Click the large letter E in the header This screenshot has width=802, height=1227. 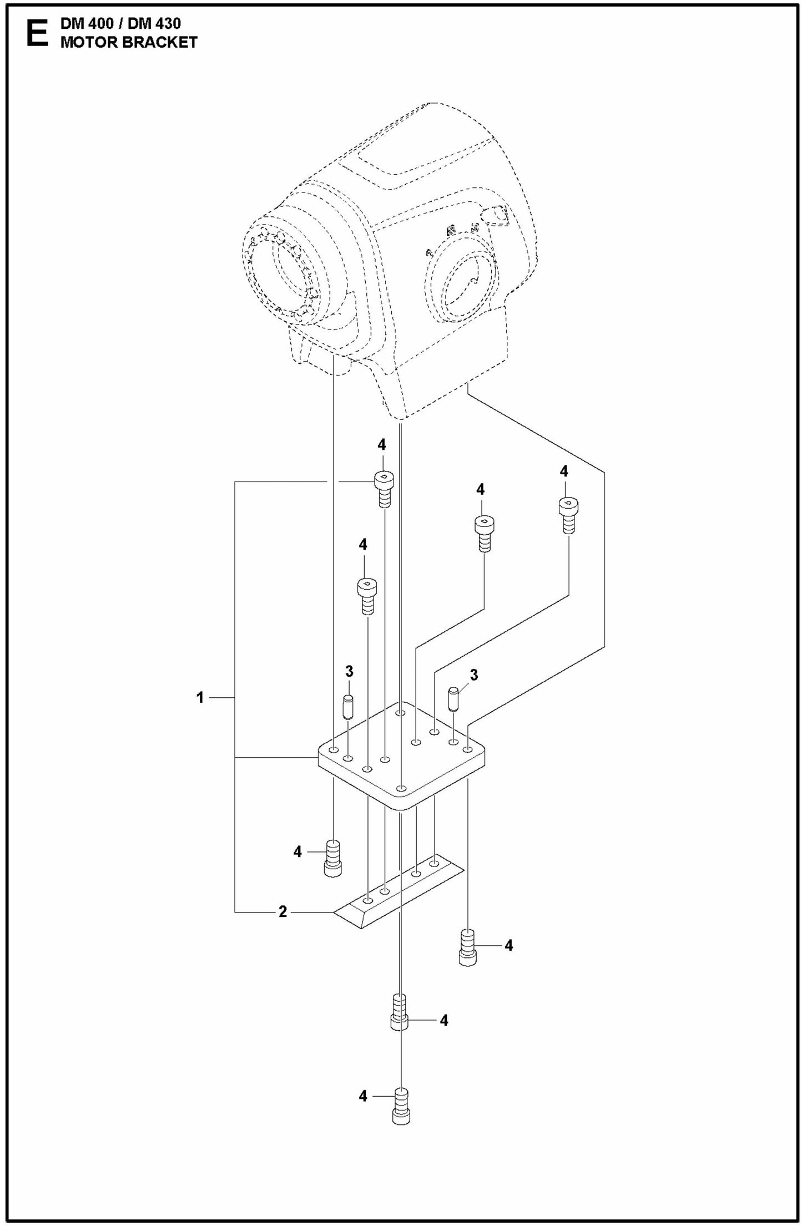(x=37, y=34)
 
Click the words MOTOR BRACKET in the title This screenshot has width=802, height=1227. (x=129, y=43)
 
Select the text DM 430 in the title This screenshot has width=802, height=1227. (x=158, y=24)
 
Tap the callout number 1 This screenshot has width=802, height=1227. (x=200, y=697)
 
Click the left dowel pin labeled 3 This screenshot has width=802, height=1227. (x=348, y=707)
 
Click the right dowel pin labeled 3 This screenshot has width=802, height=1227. (x=453, y=699)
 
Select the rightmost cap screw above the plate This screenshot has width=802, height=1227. (x=567, y=513)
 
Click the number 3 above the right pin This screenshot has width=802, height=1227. (x=473, y=675)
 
